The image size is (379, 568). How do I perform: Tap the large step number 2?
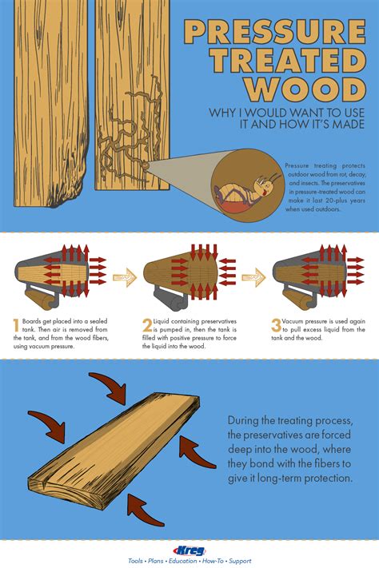147,325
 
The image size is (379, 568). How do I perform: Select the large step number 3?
276,325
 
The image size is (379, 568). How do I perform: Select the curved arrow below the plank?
146,509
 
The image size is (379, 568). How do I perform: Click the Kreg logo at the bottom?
189,550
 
